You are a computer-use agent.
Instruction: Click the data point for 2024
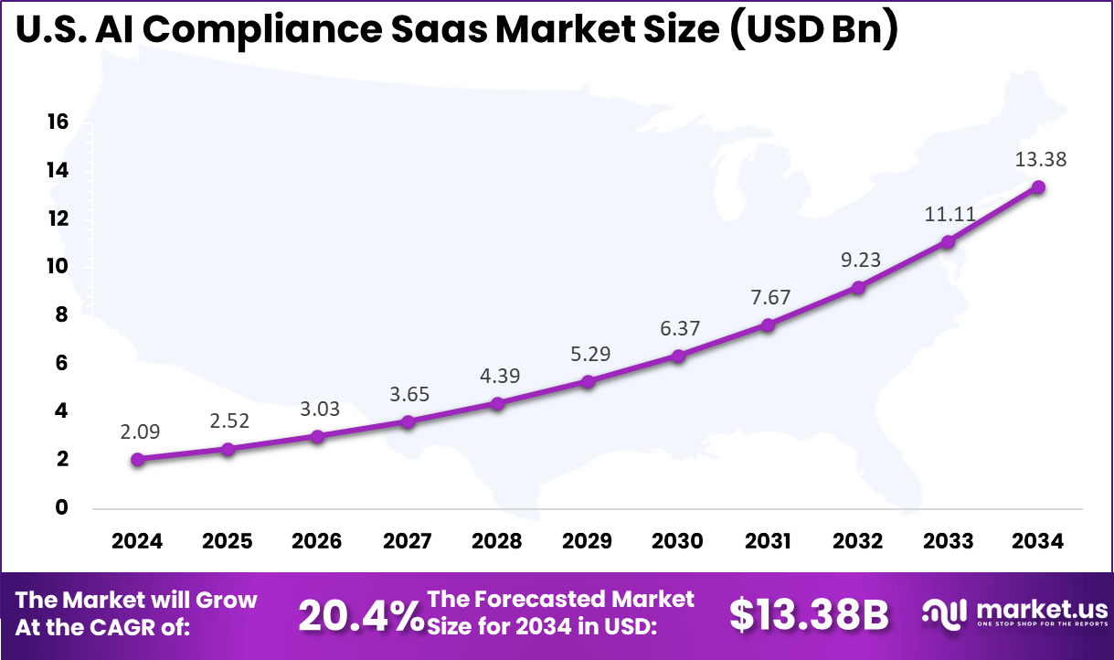pyautogui.click(x=137, y=460)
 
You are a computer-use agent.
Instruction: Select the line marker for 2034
pyautogui.click(x=1038, y=186)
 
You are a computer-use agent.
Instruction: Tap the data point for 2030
pyautogui.click(x=677, y=356)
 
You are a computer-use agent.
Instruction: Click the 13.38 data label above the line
pyautogui.click(x=1040, y=159)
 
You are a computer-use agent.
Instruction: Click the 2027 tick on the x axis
pyautogui.click(x=408, y=541)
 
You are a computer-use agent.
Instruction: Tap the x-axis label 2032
pyautogui.click(x=858, y=541)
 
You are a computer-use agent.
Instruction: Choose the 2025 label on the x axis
pyautogui.click(x=228, y=541)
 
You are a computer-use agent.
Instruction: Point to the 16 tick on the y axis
pyautogui.click(x=58, y=122)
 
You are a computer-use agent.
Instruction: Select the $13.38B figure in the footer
pyautogui.click(x=809, y=616)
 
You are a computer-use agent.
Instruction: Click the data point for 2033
pyautogui.click(x=949, y=241)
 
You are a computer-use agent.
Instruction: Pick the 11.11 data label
pyautogui.click(x=950, y=215)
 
